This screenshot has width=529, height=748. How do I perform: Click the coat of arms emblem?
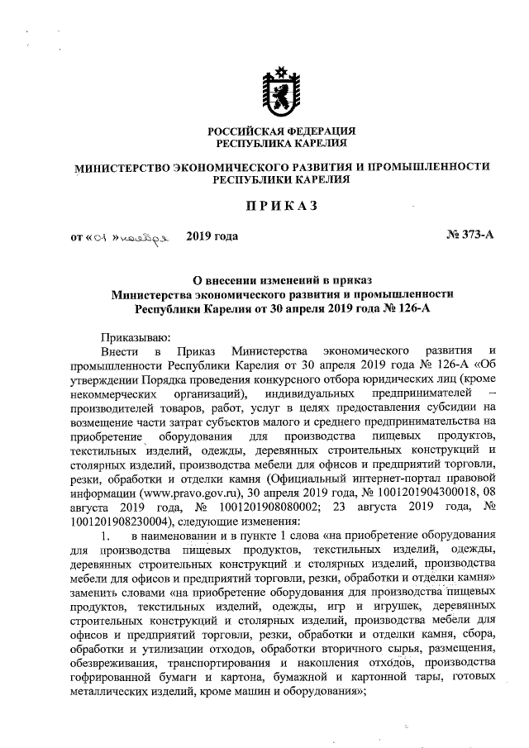[x=280, y=91]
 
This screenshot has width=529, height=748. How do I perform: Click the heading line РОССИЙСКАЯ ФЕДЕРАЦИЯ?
[x=281, y=131]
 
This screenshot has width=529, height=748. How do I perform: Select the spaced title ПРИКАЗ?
[x=280, y=204]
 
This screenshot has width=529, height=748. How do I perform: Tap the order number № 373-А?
[x=470, y=236]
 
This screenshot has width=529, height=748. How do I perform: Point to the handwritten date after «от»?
[x=132, y=237]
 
